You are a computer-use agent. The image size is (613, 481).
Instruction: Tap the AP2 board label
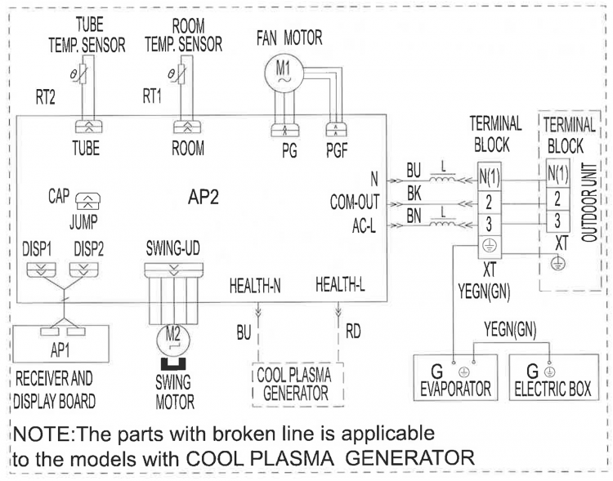[x=204, y=198]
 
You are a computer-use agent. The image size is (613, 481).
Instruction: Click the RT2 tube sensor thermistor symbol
[x=83, y=75]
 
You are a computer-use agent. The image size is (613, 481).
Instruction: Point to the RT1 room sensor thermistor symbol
[x=181, y=73]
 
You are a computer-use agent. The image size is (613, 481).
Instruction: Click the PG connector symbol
[x=284, y=130]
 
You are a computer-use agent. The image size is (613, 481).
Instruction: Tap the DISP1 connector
[x=41, y=269]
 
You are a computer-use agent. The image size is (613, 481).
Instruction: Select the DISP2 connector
[x=83, y=269]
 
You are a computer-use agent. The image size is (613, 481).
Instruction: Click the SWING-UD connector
[x=173, y=270]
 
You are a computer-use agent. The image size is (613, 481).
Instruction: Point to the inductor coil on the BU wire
[x=442, y=180]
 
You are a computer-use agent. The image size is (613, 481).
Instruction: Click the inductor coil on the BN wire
[x=442, y=224]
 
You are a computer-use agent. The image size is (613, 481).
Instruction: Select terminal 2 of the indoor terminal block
[x=489, y=203]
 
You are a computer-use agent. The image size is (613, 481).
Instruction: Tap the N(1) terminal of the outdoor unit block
[x=557, y=173]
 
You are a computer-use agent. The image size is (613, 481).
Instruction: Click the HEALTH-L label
[x=341, y=285]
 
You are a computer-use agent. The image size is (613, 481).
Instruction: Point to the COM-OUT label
[x=354, y=202]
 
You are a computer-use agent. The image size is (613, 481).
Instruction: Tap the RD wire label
[x=352, y=332]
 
